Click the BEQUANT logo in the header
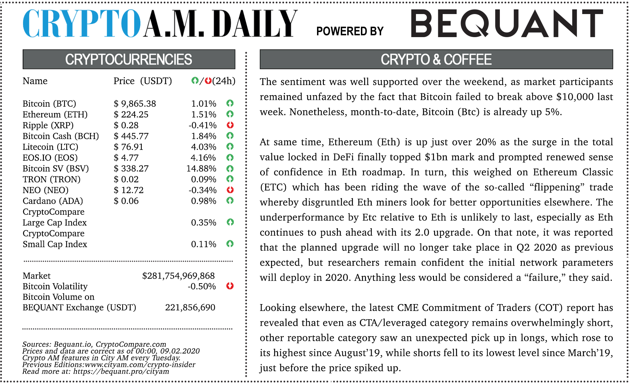pos(507,23)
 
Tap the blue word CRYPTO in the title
pos(81,23)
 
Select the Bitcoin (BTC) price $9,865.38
pos(135,104)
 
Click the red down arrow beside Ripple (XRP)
pos(230,125)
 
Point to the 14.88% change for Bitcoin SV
pos(202,169)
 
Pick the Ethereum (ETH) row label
pos(55,115)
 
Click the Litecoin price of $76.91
pos(128,147)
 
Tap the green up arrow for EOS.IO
pos(230,157)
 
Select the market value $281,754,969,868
pos(178,276)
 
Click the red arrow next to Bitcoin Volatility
pos(230,286)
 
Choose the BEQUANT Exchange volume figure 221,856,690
pos(190,308)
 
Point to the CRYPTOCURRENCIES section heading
pos(128,59)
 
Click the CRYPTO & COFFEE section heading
pos(436,59)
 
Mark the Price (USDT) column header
pos(142,81)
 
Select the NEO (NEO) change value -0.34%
pos(203,190)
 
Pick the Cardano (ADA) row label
pos(53,201)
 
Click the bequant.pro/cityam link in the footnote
pos(121,371)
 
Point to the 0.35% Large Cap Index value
pos(204,223)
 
